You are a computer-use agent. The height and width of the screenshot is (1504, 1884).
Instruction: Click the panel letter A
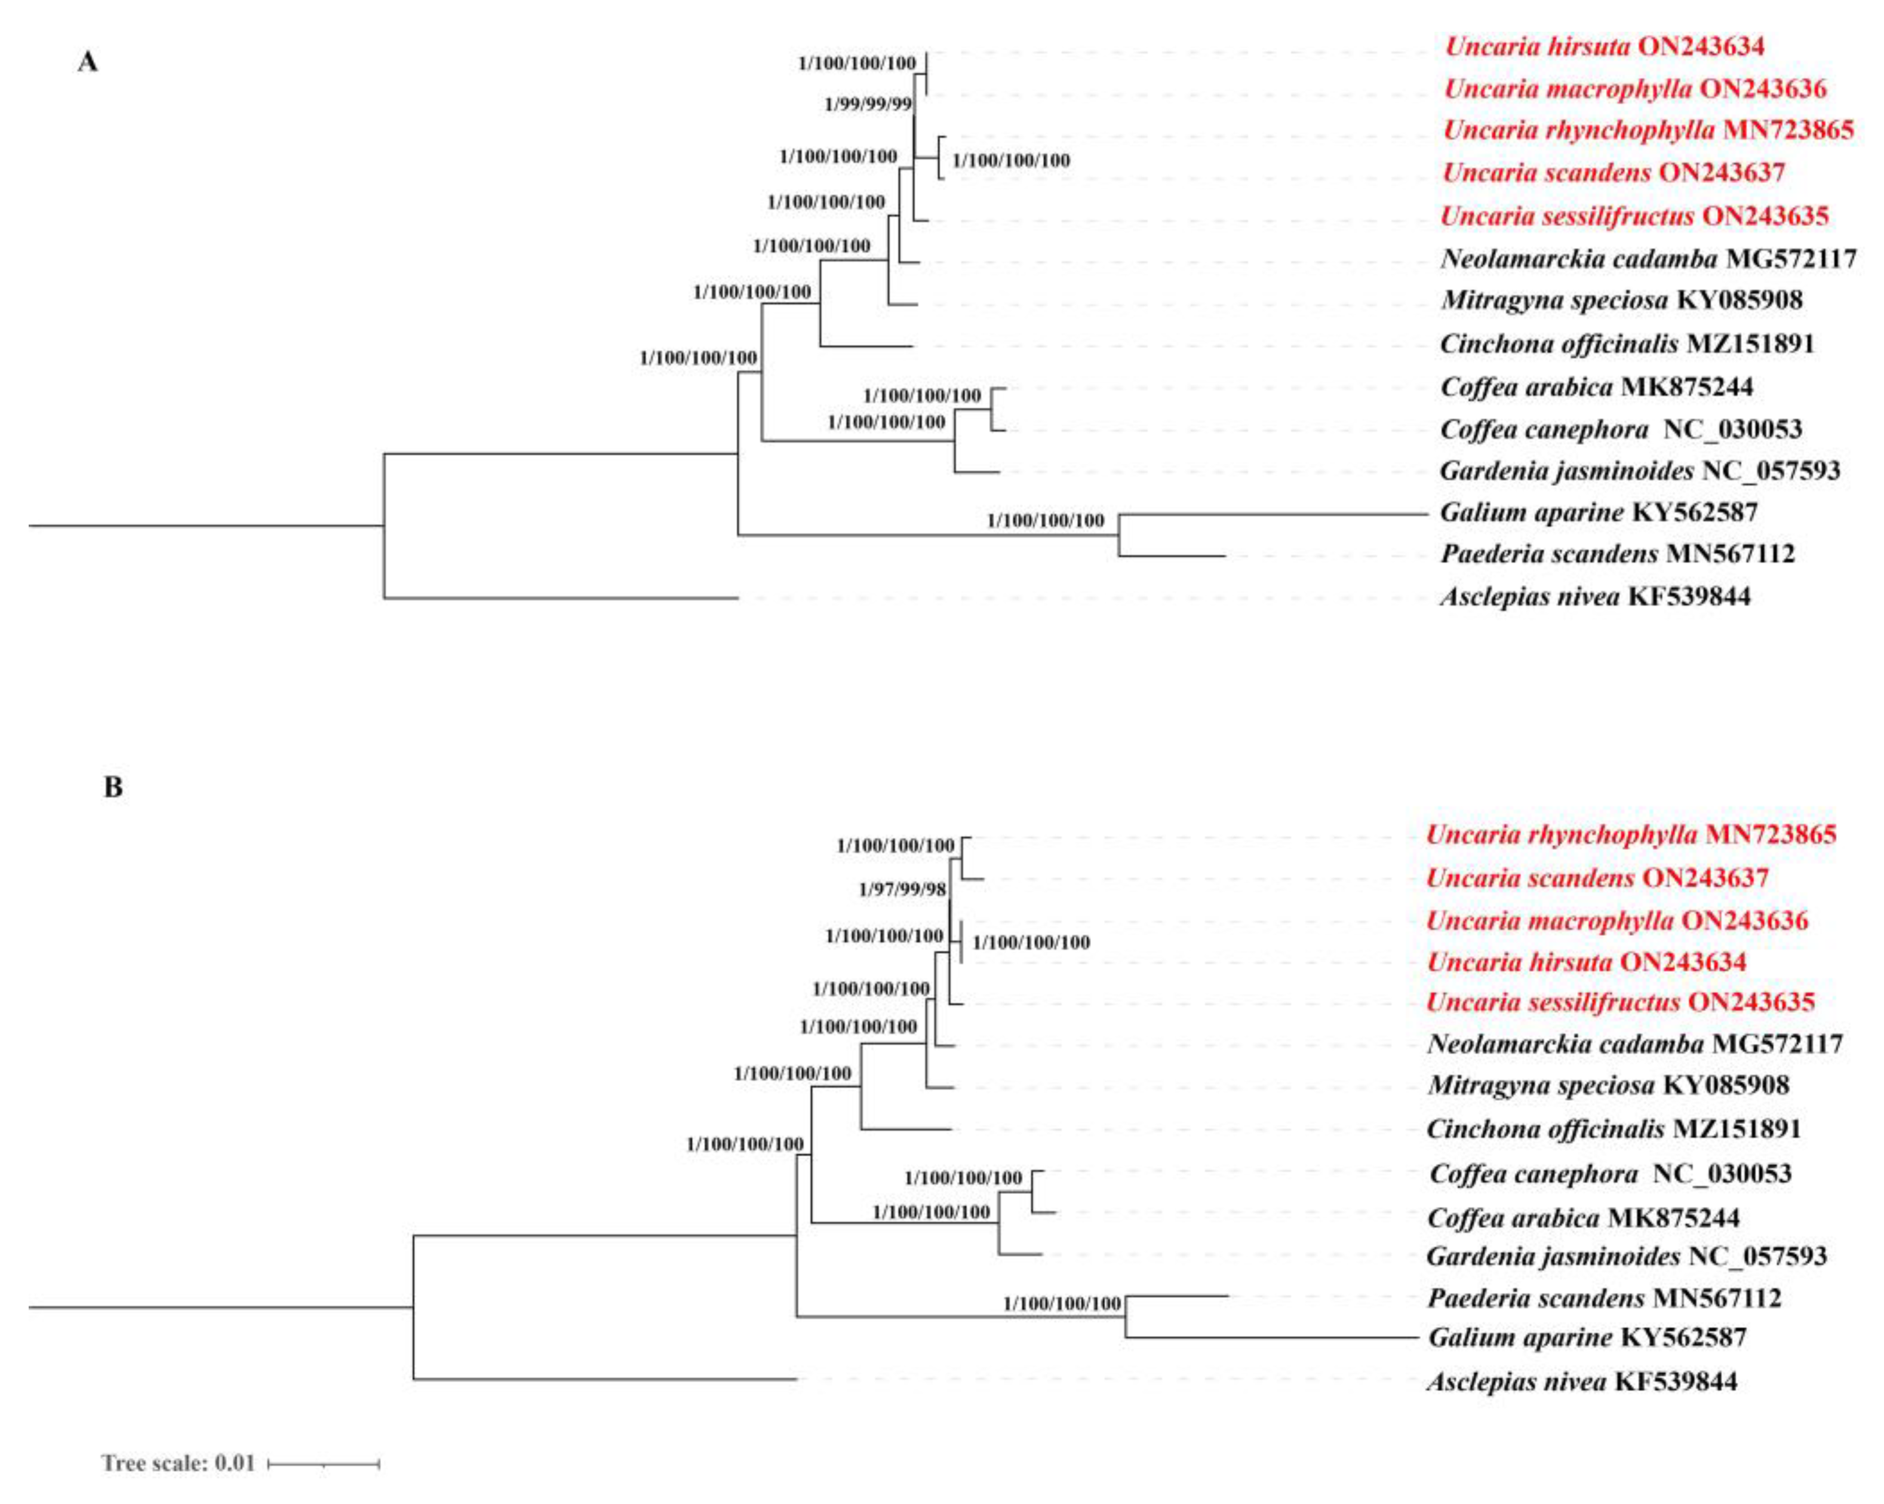coord(87,63)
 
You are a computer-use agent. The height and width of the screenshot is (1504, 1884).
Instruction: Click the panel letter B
coord(113,787)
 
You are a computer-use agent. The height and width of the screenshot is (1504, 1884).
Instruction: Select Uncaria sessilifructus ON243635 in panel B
coord(1620,1002)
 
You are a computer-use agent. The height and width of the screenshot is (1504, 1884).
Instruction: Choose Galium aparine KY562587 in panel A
coord(1598,512)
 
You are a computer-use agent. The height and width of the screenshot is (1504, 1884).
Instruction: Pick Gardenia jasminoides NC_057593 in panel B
coord(1626,1257)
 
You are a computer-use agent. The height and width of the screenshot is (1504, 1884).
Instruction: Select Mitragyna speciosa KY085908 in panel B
coord(1608,1085)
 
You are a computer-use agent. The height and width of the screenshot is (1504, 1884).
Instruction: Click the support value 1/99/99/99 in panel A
coord(868,105)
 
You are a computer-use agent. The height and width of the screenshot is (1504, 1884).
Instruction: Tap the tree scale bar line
coord(323,1463)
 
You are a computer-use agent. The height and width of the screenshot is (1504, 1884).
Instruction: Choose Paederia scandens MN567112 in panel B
coord(1603,1299)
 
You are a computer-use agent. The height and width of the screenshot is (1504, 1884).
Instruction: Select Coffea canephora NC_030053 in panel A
coord(1621,429)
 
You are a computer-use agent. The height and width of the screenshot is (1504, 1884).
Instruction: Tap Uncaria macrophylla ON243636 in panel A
coord(1634,88)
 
